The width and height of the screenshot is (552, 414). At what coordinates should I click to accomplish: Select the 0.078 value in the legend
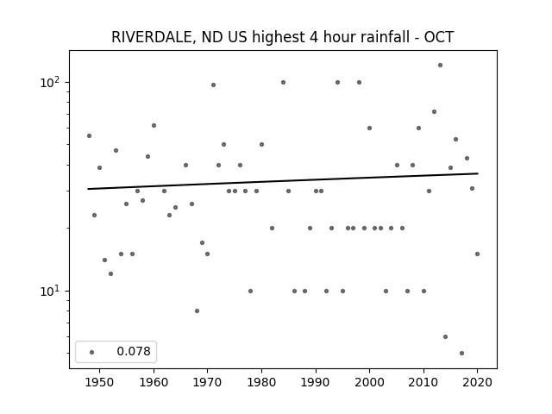coord(134,351)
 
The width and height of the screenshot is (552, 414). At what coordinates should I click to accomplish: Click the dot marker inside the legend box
coord(92,352)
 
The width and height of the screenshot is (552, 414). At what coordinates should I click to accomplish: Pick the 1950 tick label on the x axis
coord(99,382)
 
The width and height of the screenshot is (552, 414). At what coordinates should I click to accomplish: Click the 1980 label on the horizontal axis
coord(261,382)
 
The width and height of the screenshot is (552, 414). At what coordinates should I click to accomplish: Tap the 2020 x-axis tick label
coord(477,382)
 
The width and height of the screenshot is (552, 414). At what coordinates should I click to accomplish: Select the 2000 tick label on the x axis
coord(369,382)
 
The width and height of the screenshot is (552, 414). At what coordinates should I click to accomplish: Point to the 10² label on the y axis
coord(50,83)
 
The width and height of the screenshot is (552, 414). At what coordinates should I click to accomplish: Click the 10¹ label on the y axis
coord(50,292)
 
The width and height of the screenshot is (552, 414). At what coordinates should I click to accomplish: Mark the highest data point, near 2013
coord(440,66)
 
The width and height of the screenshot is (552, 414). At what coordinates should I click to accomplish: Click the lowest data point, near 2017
coord(461,353)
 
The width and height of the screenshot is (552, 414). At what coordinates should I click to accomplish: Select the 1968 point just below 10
coord(197,310)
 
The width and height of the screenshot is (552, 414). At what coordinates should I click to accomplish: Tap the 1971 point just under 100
coord(213,85)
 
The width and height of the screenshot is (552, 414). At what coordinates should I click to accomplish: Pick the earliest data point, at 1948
coord(89,136)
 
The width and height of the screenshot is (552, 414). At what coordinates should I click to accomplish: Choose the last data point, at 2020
coord(477,254)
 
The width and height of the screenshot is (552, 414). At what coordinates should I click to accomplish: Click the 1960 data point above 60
coord(154,125)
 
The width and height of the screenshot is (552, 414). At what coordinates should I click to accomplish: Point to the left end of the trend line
coord(88,189)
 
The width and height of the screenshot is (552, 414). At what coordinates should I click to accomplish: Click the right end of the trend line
coord(478,173)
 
